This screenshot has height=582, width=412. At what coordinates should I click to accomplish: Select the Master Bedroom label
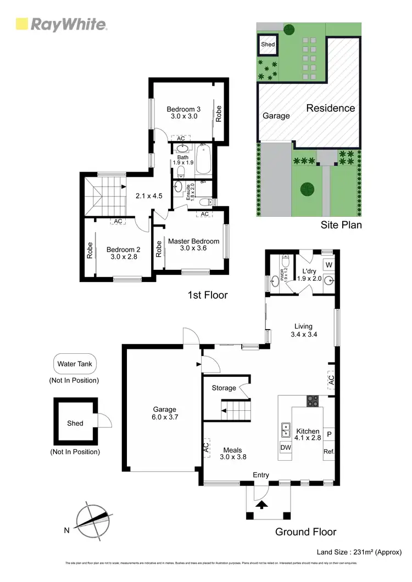click(x=193, y=245)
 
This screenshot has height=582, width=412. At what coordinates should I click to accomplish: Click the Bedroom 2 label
click(x=124, y=253)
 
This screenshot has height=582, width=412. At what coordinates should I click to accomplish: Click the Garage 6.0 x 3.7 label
click(x=164, y=413)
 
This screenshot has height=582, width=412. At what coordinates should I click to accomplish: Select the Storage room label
click(x=224, y=388)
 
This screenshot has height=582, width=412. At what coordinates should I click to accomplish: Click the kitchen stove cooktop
click(x=313, y=401)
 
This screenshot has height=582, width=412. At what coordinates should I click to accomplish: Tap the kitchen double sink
click(x=286, y=430)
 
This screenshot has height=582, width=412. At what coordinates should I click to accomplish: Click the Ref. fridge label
click(x=329, y=451)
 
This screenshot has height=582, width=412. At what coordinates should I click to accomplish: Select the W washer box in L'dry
click(x=329, y=264)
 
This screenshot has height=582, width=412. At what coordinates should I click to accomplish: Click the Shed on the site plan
click(x=268, y=44)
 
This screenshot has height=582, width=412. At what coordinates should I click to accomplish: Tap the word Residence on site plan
click(x=330, y=108)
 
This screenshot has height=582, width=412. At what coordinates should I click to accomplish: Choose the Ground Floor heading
click(x=306, y=532)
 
